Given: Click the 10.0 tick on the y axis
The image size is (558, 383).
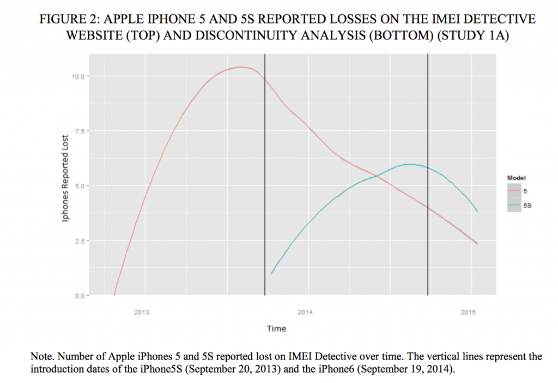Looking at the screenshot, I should tap(80, 76).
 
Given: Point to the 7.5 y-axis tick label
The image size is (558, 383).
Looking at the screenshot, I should tap(81, 131).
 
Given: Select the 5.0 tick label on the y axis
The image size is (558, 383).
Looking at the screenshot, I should tap(81, 186).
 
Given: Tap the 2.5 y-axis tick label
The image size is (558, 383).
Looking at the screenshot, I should tap(81, 241).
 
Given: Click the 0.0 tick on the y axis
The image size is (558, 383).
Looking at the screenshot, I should tap(81, 296).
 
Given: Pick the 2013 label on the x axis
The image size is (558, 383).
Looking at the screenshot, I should tap(142, 313).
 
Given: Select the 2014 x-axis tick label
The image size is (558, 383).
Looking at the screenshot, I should tap(305, 313).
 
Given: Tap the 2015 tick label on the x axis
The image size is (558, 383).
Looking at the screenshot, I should tap(468, 313).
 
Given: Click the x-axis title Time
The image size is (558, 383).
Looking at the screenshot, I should tap(276, 328).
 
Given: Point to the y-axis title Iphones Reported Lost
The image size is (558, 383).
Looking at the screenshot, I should tap(65, 178).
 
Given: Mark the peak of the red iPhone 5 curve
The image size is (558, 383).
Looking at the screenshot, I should tap(240, 67).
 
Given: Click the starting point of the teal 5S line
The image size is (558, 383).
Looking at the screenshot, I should tap(271, 273).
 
